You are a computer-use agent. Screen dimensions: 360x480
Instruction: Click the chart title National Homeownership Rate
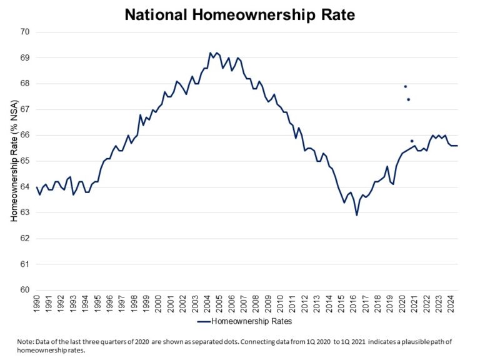coord(240,14)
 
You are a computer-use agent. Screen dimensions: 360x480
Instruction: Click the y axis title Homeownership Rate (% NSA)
coord(13,161)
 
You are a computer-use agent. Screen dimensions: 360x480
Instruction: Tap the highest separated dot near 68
coord(405,86)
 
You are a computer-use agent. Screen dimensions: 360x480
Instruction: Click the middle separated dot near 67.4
coord(408,99)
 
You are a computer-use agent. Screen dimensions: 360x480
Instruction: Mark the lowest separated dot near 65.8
coord(412,141)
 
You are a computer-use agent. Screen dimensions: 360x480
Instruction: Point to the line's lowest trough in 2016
coord(357,215)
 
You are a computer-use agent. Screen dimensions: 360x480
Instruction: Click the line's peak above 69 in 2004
coord(210,53)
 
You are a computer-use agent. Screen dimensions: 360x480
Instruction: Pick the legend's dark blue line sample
coord(204,322)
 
